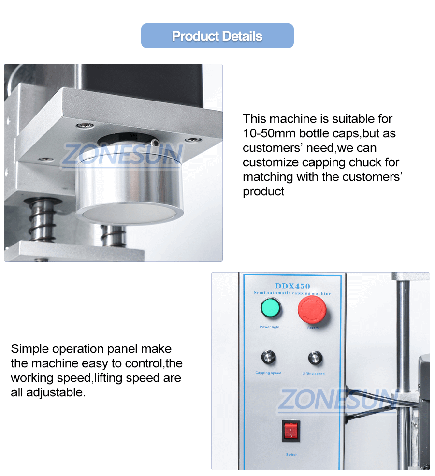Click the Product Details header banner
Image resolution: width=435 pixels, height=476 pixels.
click(x=217, y=36)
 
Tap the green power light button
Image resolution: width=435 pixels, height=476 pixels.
click(x=271, y=308)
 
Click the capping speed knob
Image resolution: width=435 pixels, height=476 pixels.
click(x=268, y=358)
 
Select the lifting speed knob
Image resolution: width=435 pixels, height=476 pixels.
click(x=315, y=358)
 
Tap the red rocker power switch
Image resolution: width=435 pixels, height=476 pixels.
click(x=291, y=430)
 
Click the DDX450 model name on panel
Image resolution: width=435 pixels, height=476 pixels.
click(x=292, y=286)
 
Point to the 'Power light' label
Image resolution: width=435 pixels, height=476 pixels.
click(x=270, y=327)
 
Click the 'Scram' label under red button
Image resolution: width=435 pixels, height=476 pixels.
click(x=313, y=328)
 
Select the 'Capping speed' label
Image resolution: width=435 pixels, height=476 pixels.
click(x=268, y=373)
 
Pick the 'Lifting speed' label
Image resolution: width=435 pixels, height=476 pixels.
click(x=314, y=373)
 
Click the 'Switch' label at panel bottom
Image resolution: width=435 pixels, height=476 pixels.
click(x=291, y=454)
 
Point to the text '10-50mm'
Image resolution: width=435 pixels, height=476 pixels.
click(x=265, y=133)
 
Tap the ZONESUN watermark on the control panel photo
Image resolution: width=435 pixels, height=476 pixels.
click(x=337, y=400)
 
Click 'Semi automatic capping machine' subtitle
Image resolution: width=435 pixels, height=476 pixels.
click(x=292, y=293)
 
